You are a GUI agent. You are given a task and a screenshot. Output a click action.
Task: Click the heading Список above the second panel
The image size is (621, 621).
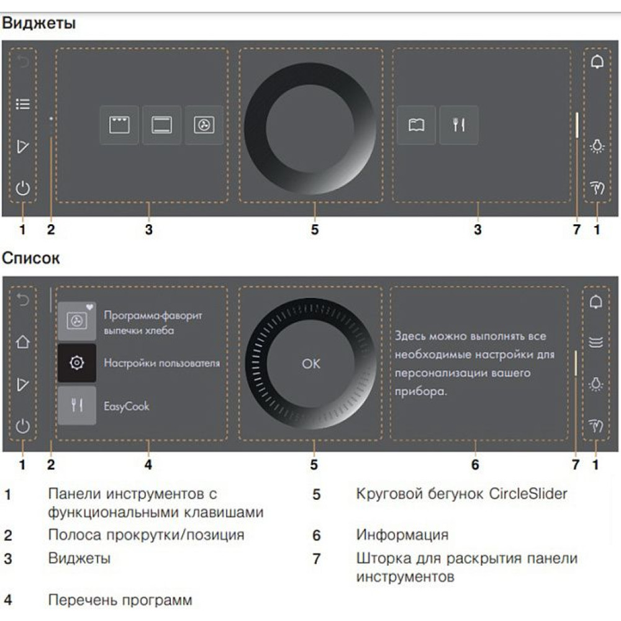click(31, 258)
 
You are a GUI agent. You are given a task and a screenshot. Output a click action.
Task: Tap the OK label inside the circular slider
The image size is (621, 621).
click(311, 364)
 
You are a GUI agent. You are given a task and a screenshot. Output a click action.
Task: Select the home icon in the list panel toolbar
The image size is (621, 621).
click(23, 342)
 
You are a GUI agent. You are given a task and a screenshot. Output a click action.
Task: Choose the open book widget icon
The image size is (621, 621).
click(416, 125)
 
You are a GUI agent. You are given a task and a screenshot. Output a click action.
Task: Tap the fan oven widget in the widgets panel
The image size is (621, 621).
click(204, 125)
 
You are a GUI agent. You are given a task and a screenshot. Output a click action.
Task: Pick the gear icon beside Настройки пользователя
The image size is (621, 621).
click(77, 363)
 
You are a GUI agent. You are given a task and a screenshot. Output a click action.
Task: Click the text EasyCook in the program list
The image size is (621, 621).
click(127, 406)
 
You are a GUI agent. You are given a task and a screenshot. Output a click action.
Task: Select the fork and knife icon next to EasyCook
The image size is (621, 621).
click(77, 406)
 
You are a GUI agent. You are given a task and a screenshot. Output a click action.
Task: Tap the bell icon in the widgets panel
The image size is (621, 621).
click(597, 63)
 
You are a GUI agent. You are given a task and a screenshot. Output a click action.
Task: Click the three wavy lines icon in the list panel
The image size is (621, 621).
click(596, 342)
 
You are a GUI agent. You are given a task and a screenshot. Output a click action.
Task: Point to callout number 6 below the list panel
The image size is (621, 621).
click(475, 464)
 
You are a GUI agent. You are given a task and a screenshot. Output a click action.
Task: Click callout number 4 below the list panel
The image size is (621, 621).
click(148, 464)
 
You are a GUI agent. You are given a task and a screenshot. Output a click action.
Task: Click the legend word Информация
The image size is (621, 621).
click(402, 534)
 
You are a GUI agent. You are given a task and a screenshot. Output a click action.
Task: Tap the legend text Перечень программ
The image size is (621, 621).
click(120, 601)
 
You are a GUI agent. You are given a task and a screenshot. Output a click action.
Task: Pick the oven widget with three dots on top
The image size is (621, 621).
click(119, 125)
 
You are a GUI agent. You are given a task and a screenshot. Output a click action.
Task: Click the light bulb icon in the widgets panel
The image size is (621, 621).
click(597, 147)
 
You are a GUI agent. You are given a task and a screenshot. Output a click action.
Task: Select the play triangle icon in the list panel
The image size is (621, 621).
click(23, 385)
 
